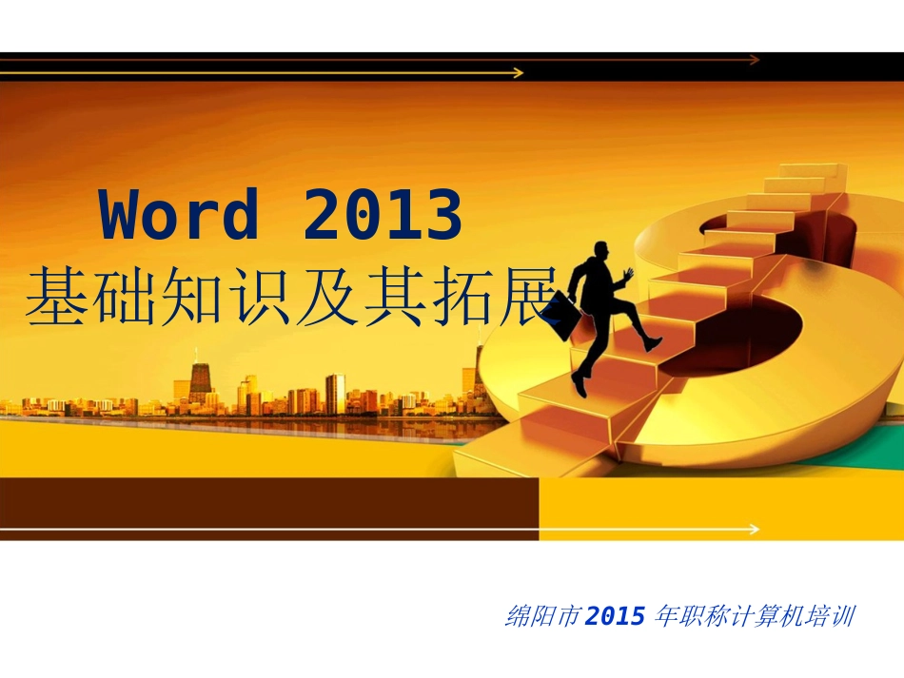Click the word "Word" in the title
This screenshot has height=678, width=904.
[x=179, y=215]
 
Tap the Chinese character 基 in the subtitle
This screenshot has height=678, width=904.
[x=55, y=299]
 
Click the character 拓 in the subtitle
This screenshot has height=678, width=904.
[x=455, y=299]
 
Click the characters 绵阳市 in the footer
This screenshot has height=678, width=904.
[x=542, y=616]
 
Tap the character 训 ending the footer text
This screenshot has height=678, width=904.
[x=842, y=616]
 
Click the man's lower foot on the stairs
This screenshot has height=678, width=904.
[x=579, y=385]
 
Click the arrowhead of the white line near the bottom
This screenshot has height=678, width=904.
[x=755, y=529]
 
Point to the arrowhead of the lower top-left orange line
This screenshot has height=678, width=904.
[x=519, y=72]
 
